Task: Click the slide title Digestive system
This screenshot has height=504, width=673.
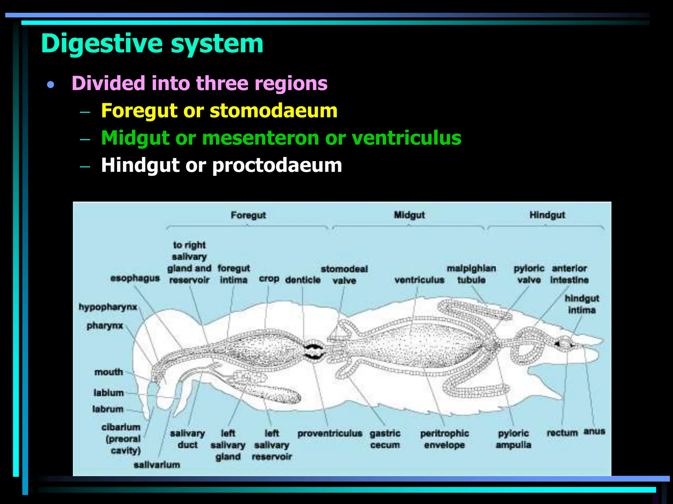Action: [152, 43]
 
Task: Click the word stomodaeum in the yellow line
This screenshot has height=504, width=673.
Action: [273, 111]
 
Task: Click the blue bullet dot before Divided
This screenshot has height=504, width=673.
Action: [50, 85]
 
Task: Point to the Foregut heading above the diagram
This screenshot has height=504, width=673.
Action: [248, 215]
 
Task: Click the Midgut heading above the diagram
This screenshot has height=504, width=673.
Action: [409, 215]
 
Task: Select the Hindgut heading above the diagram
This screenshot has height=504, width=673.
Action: [547, 215]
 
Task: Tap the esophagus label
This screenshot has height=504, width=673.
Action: [135, 278]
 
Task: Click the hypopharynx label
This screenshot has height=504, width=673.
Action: [108, 307]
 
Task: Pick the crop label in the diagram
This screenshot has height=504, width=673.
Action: [269, 279]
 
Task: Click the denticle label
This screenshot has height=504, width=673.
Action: [303, 280]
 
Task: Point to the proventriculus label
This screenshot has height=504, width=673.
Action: [330, 433]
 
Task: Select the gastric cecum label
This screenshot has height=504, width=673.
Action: [385, 439]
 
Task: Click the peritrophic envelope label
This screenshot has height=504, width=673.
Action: [444, 439]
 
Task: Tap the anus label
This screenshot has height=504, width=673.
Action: [594, 431]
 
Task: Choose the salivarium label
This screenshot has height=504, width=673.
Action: [157, 465]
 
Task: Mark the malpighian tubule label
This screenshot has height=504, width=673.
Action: [471, 274]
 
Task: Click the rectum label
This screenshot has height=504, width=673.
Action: [562, 433]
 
